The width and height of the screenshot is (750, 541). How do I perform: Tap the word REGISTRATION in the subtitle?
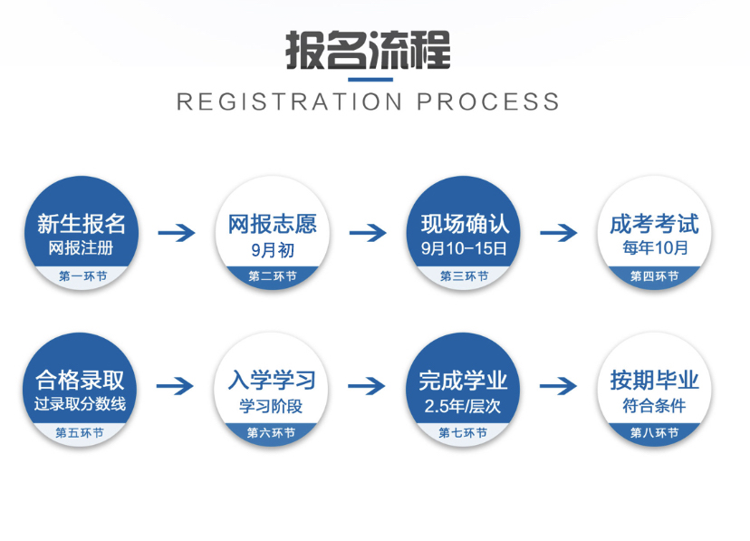point(288,101)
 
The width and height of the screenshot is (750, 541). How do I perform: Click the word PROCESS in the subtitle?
point(489,101)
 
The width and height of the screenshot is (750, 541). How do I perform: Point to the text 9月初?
point(271,247)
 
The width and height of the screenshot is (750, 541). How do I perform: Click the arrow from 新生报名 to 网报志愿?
point(177,233)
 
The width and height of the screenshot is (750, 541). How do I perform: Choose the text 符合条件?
point(654,405)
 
